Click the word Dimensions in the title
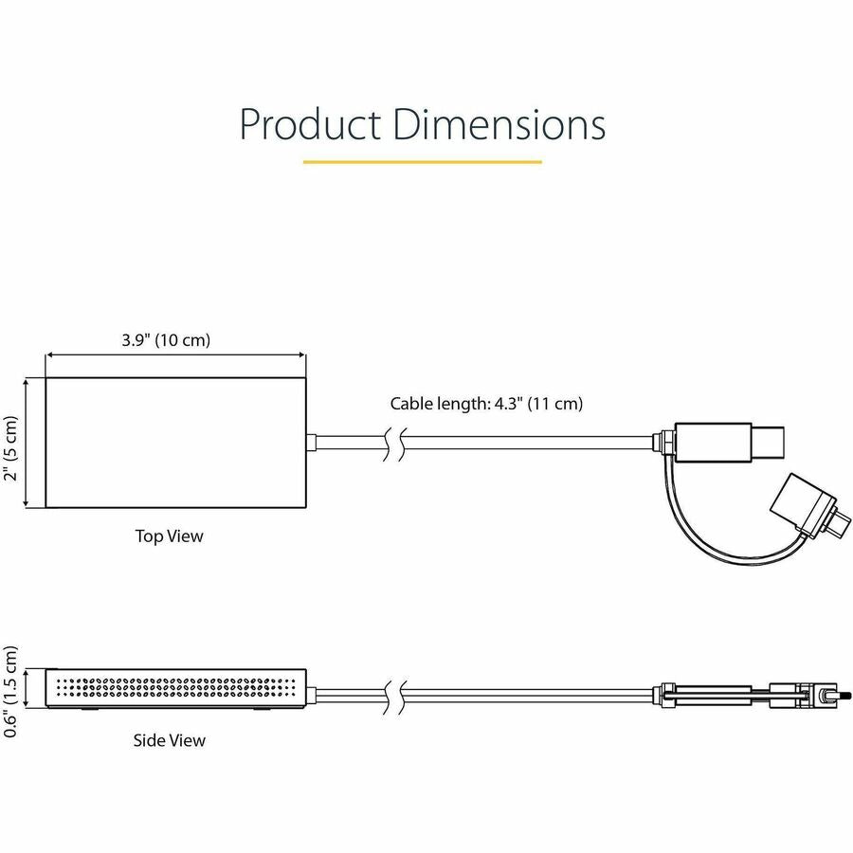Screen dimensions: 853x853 [x=499, y=125]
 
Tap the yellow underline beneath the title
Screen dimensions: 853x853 [x=422, y=162]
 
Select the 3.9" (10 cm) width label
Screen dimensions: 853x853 [x=167, y=340]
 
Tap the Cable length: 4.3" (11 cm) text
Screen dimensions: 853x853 [x=486, y=404]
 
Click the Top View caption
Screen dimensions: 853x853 [x=169, y=536]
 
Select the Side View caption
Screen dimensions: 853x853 [x=169, y=739]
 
